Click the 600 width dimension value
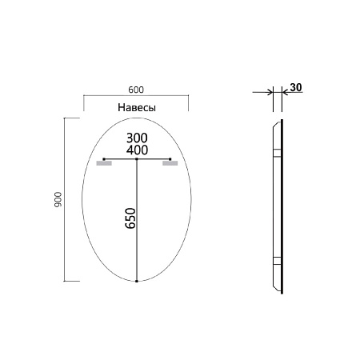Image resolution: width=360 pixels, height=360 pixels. click(135, 90)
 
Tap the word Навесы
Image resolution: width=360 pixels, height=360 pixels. click(136, 106)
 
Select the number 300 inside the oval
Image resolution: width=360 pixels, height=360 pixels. click(137, 138)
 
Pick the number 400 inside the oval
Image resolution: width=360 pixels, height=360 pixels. click(137, 150)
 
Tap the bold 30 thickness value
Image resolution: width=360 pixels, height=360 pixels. click(296, 88)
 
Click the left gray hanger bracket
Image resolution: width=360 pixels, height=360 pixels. click(103, 164)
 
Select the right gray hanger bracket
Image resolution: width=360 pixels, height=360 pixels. click(170, 164)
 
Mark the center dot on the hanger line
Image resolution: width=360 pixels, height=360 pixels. click(137, 159)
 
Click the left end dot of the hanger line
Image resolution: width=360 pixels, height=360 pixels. click(103, 159)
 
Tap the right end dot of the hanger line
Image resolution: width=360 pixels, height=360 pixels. click(170, 159)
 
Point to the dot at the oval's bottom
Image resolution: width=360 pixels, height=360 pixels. click(137, 282)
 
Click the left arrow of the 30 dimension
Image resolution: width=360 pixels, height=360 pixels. click(267, 92)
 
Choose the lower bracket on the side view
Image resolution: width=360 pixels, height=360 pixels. click(276, 261)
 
